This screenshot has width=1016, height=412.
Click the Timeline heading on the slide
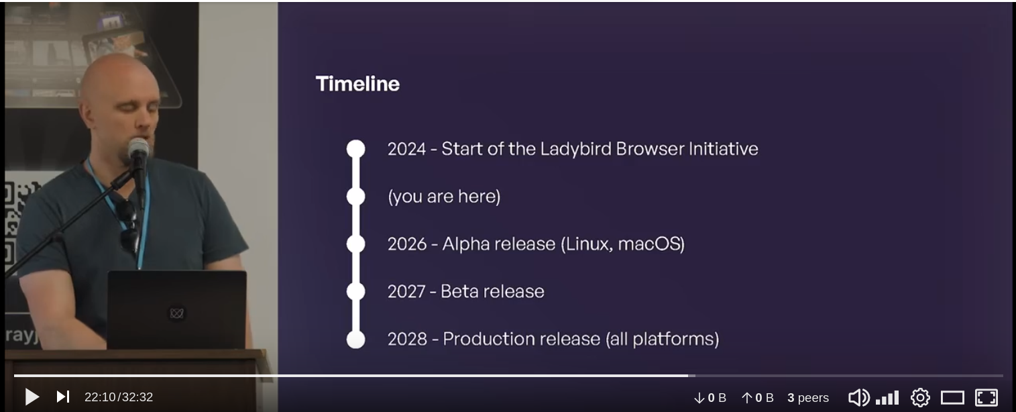point(357,84)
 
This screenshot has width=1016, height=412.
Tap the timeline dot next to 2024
point(355,149)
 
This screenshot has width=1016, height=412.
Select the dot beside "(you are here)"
point(355,197)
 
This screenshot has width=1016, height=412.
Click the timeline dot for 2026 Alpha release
point(355,244)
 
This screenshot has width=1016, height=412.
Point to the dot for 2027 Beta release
point(355,291)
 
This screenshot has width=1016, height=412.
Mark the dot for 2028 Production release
point(355,340)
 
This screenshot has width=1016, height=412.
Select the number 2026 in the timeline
point(407,244)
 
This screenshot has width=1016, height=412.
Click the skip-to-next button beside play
point(63,397)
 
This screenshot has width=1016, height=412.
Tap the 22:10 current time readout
point(100,397)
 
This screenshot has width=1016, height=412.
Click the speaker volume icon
point(859,397)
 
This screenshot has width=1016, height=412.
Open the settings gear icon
point(920,397)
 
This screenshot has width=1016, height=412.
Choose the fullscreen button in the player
point(986,397)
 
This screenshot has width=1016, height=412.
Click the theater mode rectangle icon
point(952,398)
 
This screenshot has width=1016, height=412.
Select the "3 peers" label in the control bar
point(808,398)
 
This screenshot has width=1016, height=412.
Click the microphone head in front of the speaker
point(138,148)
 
